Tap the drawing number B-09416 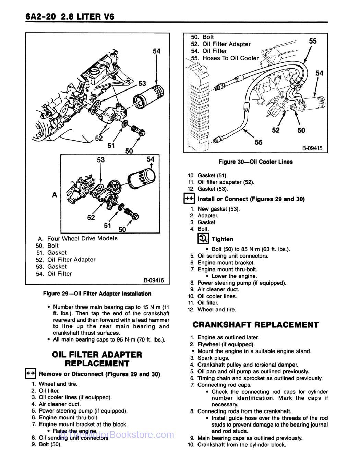(x=154, y=280)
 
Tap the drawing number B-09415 (x=312, y=148)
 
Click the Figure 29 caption (x=97, y=294)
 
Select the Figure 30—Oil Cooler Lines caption (x=255, y=162)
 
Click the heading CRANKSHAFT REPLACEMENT (x=255, y=325)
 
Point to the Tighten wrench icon (x=203, y=239)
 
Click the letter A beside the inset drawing (x=54, y=195)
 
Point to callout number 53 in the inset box (x=100, y=160)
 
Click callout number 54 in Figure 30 (x=319, y=73)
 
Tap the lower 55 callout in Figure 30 (x=259, y=142)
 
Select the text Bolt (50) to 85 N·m (x=250, y=249)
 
